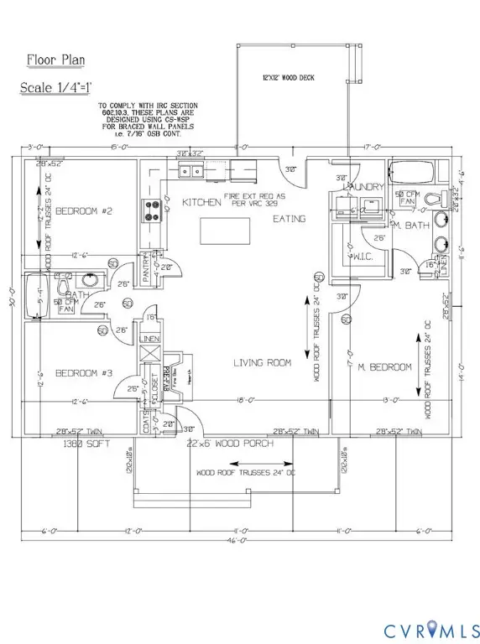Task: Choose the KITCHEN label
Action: click(x=194, y=203)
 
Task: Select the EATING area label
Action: click(x=290, y=218)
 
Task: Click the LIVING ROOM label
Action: click(x=262, y=363)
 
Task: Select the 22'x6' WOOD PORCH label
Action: click(x=225, y=442)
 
